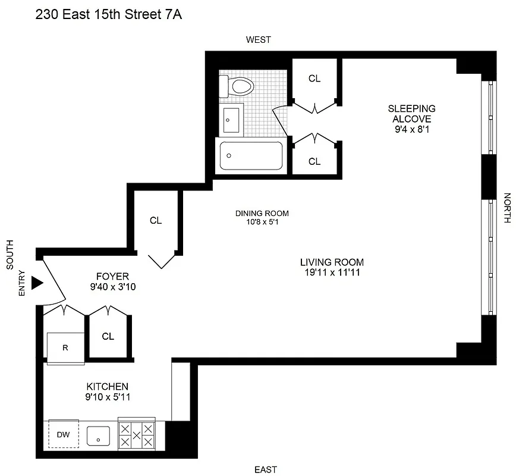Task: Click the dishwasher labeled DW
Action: [x=63, y=435]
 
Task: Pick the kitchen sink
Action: [x=98, y=437]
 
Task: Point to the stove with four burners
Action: [x=136, y=436]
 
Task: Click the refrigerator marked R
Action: [x=65, y=348]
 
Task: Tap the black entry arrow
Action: [x=37, y=283]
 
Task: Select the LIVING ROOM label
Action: [x=332, y=262]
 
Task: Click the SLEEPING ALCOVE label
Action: [x=411, y=113]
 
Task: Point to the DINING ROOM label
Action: [x=262, y=213]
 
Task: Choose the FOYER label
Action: [x=112, y=276]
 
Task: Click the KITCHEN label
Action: [x=107, y=386]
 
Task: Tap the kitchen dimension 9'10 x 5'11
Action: [x=107, y=397]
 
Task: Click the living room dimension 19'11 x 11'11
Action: [x=332, y=273]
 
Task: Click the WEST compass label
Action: [x=259, y=40]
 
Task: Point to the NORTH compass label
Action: [x=507, y=208]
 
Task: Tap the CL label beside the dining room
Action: [x=156, y=221]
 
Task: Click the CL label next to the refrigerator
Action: [x=108, y=336]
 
